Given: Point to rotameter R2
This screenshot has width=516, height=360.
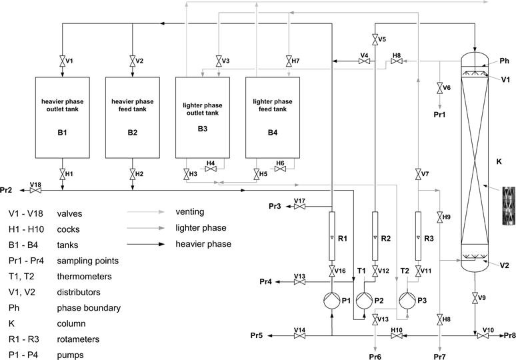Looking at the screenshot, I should point(375,237).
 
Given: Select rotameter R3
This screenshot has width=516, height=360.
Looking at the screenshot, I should point(418,237).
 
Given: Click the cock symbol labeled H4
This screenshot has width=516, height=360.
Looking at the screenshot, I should point(211,169).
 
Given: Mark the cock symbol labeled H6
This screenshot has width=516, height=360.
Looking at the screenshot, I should point(280,169).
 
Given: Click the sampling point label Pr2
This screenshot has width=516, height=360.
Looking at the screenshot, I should point(7,191).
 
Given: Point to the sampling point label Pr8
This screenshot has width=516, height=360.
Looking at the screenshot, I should point(509,335).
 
